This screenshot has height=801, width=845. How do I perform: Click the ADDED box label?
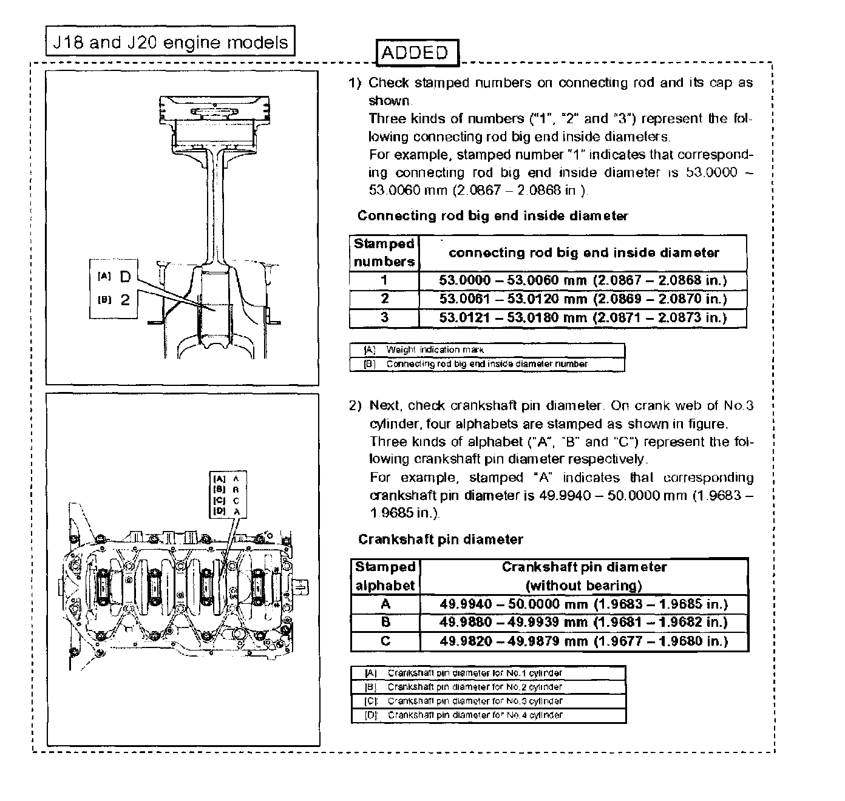click(x=417, y=53)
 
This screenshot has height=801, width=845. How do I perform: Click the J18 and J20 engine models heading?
click(x=171, y=42)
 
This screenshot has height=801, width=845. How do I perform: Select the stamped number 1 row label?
click(x=384, y=280)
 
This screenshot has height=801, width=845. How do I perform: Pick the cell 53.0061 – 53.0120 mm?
click(x=583, y=299)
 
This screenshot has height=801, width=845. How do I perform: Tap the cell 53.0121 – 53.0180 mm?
click(x=583, y=317)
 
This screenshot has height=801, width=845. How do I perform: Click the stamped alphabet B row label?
click(x=385, y=622)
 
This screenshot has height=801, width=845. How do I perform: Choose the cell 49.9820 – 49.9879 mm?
click(x=583, y=641)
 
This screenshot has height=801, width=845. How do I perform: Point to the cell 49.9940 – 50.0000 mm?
click(x=583, y=604)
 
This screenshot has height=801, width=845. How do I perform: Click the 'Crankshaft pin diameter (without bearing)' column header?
click(x=583, y=576)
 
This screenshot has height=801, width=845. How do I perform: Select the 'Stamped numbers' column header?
click(x=384, y=252)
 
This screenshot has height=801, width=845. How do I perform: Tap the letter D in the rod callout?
click(x=125, y=277)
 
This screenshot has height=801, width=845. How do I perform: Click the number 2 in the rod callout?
click(x=125, y=300)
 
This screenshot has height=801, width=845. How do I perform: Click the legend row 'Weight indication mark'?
click(x=487, y=350)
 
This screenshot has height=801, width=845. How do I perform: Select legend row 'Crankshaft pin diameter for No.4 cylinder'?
click(x=488, y=715)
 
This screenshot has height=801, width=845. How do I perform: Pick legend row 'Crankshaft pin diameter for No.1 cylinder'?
click(x=488, y=673)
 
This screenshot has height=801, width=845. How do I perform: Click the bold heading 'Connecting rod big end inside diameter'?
click(x=492, y=216)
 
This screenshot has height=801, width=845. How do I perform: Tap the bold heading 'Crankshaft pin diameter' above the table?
click(x=440, y=539)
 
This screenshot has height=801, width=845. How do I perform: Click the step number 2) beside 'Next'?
click(x=355, y=405)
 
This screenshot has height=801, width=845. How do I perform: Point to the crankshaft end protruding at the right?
click(x=304, y=587)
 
